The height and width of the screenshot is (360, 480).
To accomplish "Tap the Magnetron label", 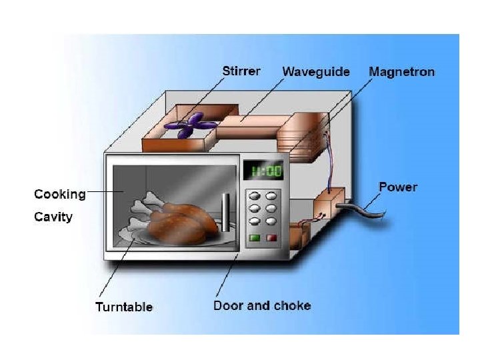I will click(401, 71).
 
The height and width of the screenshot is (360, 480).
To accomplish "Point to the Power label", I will click(397, 187).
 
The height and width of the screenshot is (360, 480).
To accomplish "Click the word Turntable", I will click(124, 307).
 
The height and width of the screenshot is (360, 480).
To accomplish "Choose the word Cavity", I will click(53, 217).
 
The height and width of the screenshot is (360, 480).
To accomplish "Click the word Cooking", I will click(60, 195).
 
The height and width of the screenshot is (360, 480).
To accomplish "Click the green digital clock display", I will click(265, 171).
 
